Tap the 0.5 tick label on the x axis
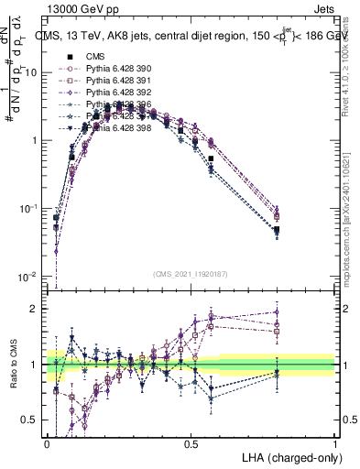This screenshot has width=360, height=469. pos(191,442)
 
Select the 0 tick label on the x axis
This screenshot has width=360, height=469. pos(47,442)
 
